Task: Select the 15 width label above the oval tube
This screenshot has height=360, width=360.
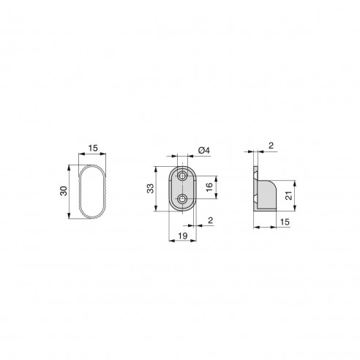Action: click(x=92, y=149)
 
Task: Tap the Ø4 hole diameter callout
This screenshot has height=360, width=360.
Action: click(x=204, y=151)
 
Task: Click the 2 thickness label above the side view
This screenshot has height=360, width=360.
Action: click(x=271, y=146)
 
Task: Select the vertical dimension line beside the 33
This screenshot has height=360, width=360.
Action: click(x=157, y=190)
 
